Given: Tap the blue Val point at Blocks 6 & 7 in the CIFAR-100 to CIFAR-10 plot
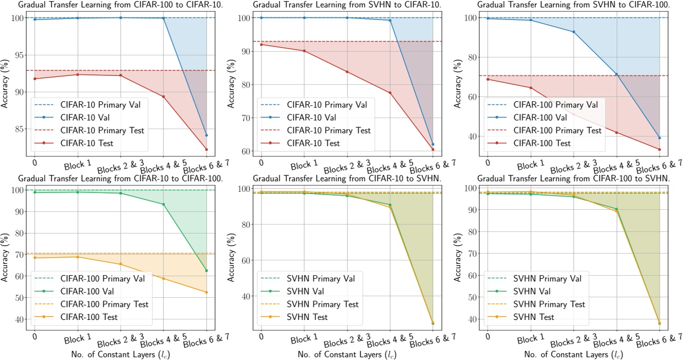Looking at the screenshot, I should click(206, 135).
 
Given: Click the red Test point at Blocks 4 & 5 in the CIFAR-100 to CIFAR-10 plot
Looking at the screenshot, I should click(163, 96).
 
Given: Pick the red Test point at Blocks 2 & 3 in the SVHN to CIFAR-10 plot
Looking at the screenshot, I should click(347, 72).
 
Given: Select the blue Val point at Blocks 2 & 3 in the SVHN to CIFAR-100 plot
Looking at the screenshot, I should click(574, 32).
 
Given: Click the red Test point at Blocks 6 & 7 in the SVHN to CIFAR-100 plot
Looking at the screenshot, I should click(659, 149).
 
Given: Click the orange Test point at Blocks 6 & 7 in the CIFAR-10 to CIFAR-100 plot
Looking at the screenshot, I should click(206, 292).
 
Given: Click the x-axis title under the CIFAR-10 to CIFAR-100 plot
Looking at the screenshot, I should click(121, 354).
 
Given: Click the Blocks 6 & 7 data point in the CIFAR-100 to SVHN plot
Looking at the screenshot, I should click(659, 323).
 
